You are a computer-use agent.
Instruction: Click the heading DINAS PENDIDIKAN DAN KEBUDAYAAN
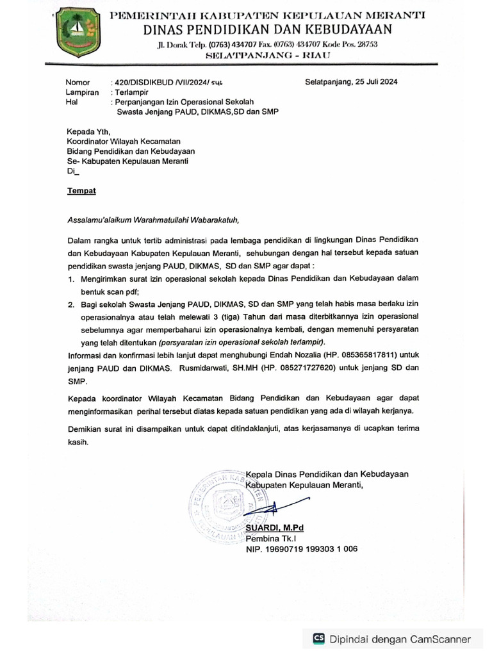tap(268, 29)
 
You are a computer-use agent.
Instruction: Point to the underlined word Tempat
tap(81, 191)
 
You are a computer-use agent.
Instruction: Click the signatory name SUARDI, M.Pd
tap(275, 527)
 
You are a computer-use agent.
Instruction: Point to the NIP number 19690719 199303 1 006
tap(302, 549)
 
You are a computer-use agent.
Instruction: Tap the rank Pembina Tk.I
tap(268, 538)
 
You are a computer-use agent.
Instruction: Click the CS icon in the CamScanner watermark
tap(318, 639)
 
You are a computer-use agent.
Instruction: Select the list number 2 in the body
tap(71, 304)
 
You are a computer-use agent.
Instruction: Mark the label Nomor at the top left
tap(79, 83)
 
